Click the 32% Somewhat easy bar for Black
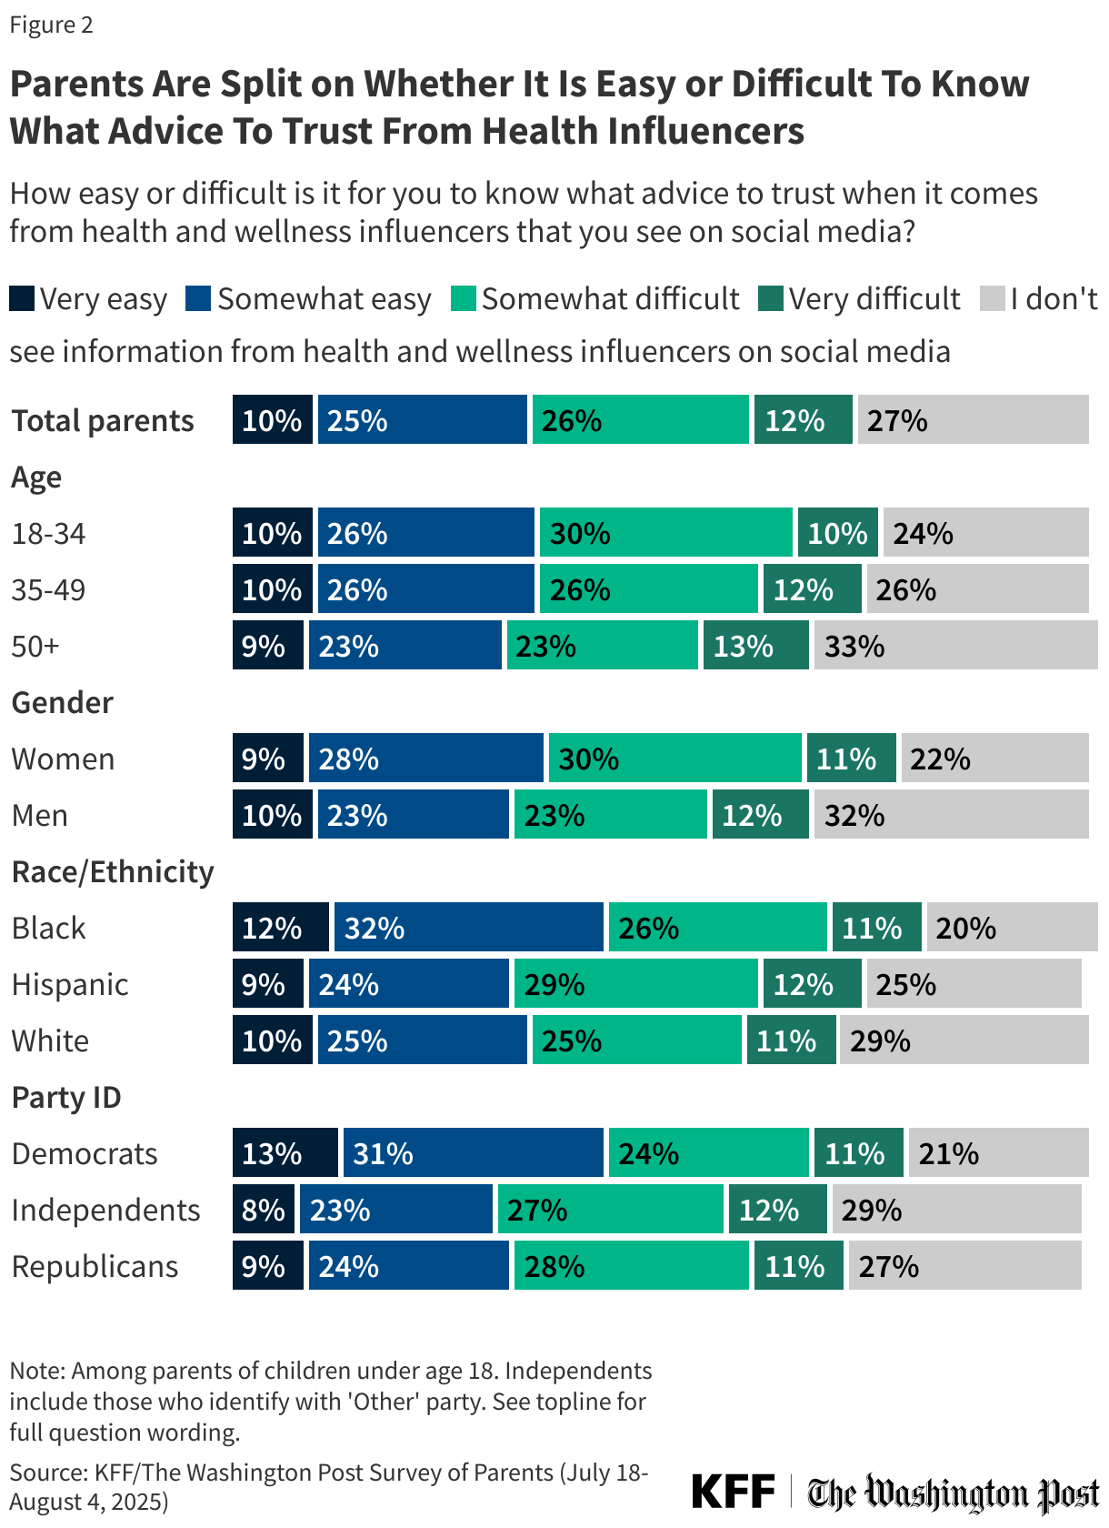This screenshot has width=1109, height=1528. tap(468, 927)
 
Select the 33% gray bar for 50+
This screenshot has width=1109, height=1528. tap(955, 645)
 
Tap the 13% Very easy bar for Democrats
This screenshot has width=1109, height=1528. tap(285, 1152)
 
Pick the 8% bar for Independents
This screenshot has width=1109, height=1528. tap(264, 1209)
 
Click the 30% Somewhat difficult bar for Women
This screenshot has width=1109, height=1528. tap(674, 758)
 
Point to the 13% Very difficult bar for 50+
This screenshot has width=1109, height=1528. tap(755, 645)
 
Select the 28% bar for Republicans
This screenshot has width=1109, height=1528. tap(631, 1265)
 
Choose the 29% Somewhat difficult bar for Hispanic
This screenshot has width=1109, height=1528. tap(635, 983)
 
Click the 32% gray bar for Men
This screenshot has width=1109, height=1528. tap(951, 814)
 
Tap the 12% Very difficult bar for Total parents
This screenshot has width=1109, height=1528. tap(803, 419)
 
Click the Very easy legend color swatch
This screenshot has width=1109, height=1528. tap(22, 298)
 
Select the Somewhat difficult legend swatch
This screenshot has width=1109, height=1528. tap(464, 298)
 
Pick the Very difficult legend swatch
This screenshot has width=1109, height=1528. tap(771, 298)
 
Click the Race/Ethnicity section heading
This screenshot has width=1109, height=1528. tap(113, 871)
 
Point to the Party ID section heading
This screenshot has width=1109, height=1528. tap(66, 1097)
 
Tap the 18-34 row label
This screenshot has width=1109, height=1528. tap(48, 533)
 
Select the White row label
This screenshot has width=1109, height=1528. tap(50, 1040)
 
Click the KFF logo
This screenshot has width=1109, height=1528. tap(733, 1492)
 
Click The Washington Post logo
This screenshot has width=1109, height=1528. tap(953, 1493)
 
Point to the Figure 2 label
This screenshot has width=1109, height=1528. tap(52, 25)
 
